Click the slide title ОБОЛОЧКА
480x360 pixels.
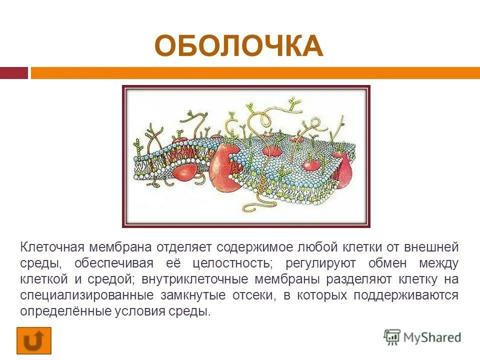pos(238,46)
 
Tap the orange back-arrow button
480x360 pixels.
pos(34,340)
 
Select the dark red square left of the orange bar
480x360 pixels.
pos(14,73)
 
